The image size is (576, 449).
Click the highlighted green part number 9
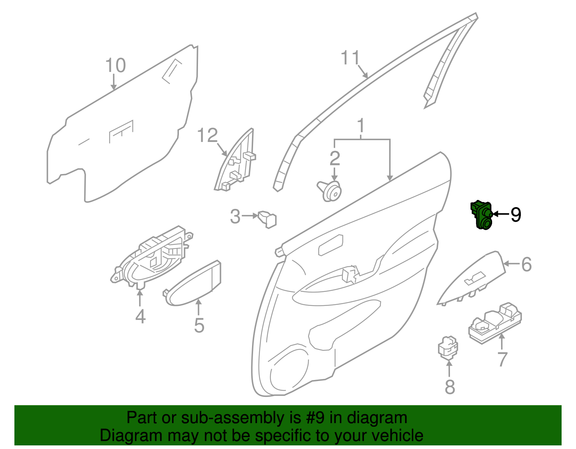pyautogui.click(x=481, y=215)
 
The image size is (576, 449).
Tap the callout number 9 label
pyautogui.click(x=516, y=215)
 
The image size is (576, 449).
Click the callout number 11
pyautogui.click(x=350, y=58)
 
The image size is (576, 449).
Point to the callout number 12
pyautogui.click(x=208, y=135)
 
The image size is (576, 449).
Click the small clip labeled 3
pyautogui.click(x=267, y=219)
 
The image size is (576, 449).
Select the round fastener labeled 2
pyautogui.click(x=329, y=191)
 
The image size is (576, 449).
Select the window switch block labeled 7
pyautogui.click(x=495, y=323)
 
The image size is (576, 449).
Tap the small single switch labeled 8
pyautogui.click(x=448, y=348)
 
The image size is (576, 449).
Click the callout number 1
pyautogui.click(x=361, y=126)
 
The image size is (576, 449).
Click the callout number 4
pyautogui.click(x=140, y=316)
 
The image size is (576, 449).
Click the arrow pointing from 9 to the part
pyautogui.click(x=500, y=214)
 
